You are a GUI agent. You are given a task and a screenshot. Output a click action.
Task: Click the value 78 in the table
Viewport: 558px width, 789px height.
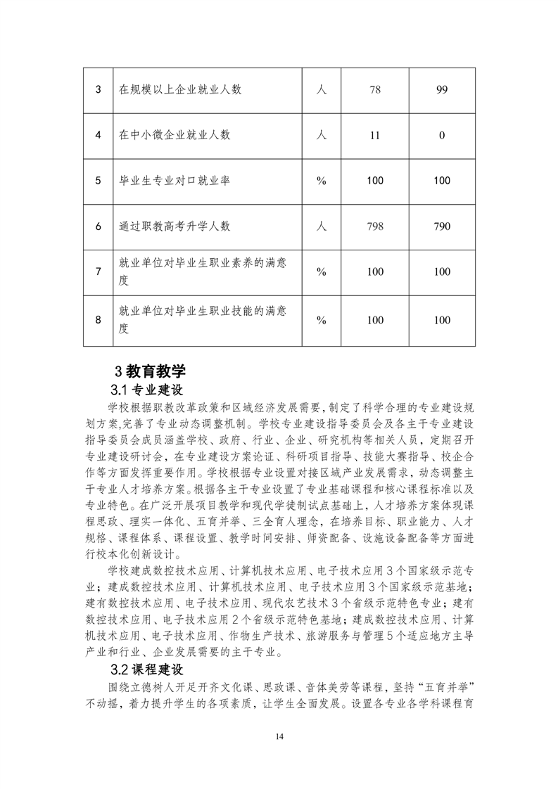tap(375, 89)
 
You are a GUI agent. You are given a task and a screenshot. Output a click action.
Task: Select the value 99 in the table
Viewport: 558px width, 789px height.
tap(442, 89)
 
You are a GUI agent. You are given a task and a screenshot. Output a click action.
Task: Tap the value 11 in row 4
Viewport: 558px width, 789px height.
tap(375, 135)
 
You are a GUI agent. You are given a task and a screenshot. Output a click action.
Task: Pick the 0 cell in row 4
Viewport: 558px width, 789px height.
tap(442, 135)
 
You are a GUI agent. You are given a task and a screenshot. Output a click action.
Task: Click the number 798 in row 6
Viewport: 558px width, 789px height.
tap(375, 226)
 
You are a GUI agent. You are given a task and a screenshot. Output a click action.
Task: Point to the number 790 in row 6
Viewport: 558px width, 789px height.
tap(442, 226)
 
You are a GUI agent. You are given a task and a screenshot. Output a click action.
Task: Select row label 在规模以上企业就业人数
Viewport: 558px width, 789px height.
tap(180, 89)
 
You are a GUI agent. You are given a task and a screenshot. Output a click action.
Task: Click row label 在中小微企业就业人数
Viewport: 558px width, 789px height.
tap(175, 135)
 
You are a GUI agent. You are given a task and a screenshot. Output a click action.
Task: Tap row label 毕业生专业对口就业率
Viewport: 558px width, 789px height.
tap(175, 181)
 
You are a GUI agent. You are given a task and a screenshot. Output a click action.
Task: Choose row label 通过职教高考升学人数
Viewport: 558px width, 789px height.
tap(175, 226)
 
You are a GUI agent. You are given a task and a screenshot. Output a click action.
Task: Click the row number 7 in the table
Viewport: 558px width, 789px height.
tap(98, 272)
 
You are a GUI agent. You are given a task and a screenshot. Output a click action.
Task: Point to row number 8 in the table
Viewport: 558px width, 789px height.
tap(98, 320)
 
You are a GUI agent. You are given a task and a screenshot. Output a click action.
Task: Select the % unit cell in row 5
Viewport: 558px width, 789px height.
tap(322, 181)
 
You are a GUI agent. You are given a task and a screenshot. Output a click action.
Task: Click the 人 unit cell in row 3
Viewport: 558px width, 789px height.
tap(322, 89)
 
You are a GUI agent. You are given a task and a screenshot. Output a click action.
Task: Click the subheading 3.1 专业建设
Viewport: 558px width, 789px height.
tap(146, 390)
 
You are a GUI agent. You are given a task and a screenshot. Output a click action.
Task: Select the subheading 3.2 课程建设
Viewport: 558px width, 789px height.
tap(146, 669)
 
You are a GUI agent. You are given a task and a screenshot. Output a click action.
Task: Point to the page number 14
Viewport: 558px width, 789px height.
tap(279, 736)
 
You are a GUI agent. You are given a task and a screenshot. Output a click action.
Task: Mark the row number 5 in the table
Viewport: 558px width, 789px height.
tap(98, 181)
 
